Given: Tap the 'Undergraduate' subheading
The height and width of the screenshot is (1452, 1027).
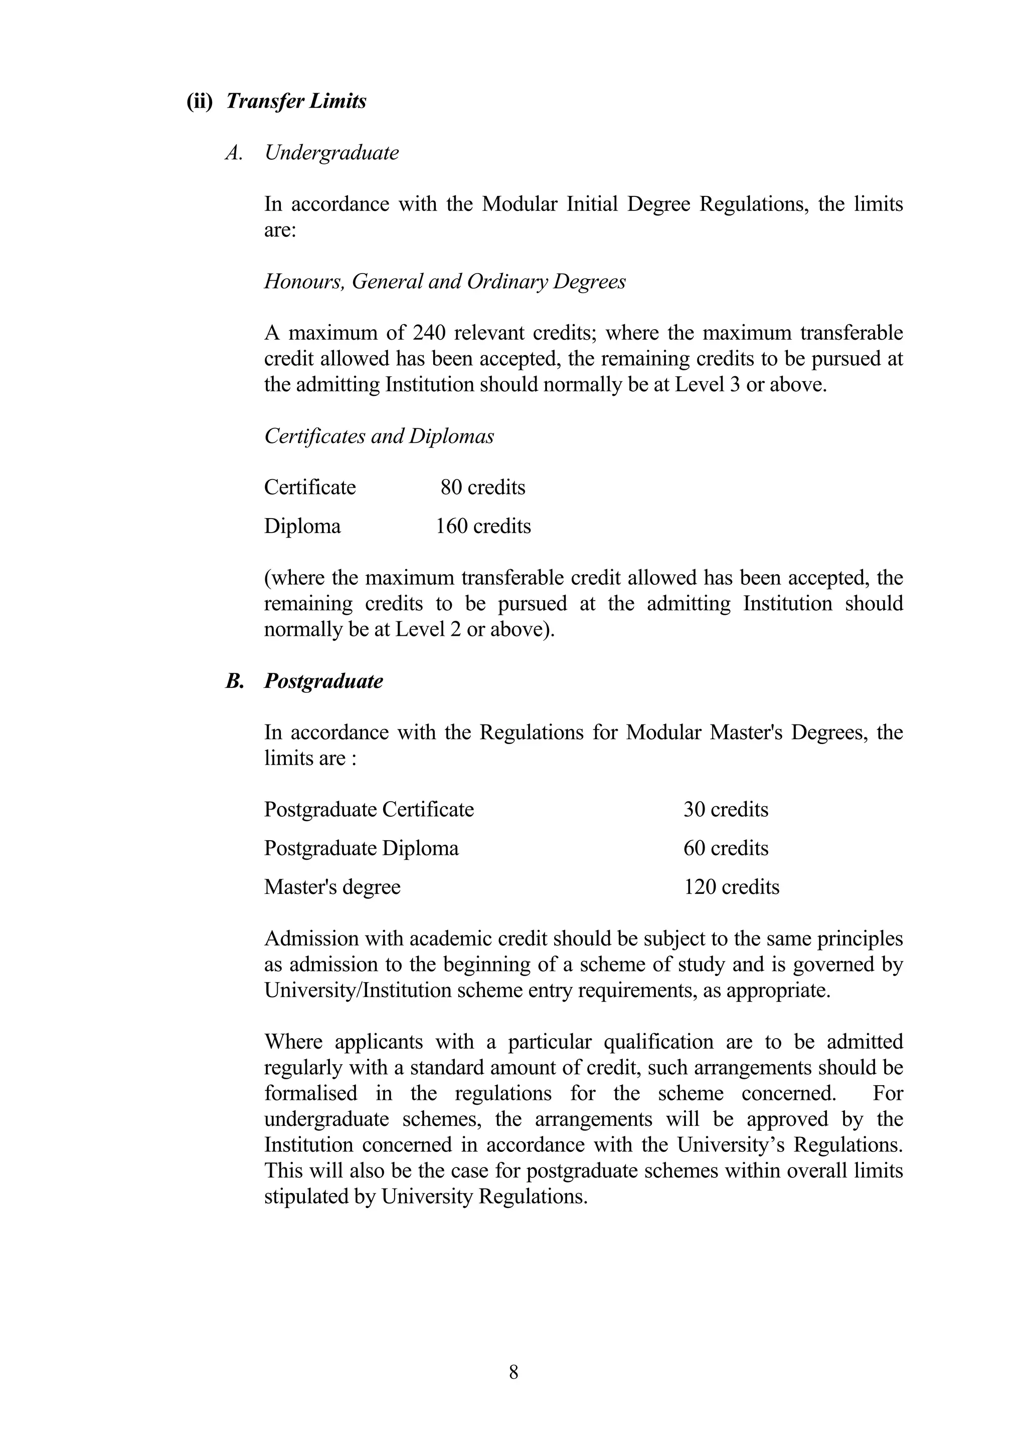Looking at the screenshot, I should tap(331, 152).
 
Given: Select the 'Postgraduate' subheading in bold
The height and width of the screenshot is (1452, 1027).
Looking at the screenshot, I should tap(323, 681).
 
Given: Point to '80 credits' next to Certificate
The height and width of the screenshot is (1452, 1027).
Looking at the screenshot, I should tap(483, 488).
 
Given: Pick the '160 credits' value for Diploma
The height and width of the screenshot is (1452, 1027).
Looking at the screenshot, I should tap(483, 526).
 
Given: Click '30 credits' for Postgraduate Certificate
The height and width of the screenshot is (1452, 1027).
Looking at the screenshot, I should tap(725, 810).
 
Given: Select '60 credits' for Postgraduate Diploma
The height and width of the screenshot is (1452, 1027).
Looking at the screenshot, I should tap(725, 848).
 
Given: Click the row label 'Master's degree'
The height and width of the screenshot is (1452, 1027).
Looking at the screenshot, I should tap(332, 887).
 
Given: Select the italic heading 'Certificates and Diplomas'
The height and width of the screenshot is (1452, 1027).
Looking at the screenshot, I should tap(379, 436).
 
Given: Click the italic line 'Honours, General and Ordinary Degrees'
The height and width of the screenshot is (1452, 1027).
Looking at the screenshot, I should tap(444, 282).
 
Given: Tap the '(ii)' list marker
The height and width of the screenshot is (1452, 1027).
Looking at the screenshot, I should tap(200, 101).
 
